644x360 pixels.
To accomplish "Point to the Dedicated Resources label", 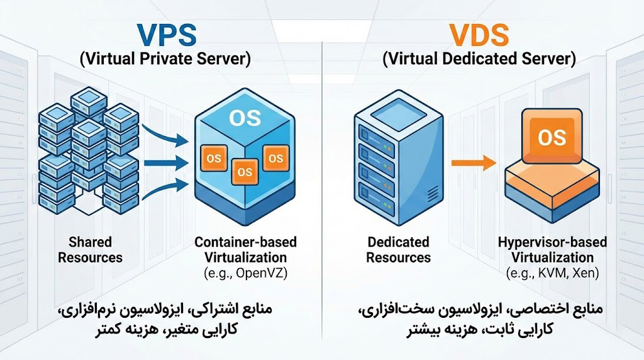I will [x=398, y=249].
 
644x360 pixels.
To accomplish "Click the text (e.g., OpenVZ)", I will [x=245, y=273].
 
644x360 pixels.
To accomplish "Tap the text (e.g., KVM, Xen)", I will [x=552, y=273].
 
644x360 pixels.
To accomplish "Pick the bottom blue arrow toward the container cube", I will [x=165, y=188].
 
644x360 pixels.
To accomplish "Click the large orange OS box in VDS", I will [x=552, y=137].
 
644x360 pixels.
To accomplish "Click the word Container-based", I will [x=245, y=242].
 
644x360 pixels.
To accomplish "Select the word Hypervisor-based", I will [x=552, y=242].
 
